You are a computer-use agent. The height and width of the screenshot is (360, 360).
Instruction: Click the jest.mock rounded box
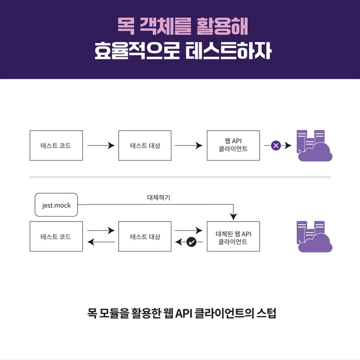(x=56, y=205)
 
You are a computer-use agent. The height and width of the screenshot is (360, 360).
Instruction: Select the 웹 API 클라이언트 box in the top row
(x=233, y=146)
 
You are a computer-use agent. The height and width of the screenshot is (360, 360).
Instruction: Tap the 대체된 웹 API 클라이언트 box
(x=233, y=237)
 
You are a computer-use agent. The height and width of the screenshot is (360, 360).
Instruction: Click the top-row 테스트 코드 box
(x=56, y=146)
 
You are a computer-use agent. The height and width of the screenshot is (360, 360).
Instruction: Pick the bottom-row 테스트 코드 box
(x=56, y=237)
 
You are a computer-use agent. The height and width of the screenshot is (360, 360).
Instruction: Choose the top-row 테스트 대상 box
(x=145, y=146)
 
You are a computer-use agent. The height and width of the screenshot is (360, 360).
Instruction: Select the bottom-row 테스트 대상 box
(x=145, y=237)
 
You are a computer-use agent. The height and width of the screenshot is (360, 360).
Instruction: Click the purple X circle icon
(x=276, y=146)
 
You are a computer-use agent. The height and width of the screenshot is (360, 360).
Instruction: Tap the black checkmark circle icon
(x=191, y=242)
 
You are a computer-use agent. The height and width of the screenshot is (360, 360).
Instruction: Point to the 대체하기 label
(x=159, y=197)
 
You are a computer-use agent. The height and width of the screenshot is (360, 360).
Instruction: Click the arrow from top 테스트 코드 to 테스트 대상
(x=101, y=146)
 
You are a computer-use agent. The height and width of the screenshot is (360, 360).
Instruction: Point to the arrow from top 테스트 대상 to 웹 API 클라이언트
(x=189, y=146)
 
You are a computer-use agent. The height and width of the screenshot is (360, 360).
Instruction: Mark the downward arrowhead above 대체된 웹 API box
(x=233, y=217)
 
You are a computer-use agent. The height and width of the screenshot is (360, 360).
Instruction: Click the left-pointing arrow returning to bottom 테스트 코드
(x=101, y=242)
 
